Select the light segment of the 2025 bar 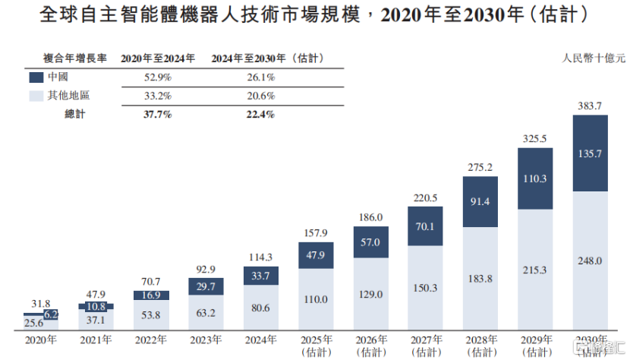click(x=316, y=300)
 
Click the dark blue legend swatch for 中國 click(x=36, y=77)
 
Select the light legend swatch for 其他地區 click(x=36, y=96)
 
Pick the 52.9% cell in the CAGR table click(x=157, y=77)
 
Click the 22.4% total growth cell click(x=260, y=114)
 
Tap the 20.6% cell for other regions click(x=260, y=96)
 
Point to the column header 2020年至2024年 click(x=158, y=58)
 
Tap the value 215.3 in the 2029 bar click(x=535, y=270)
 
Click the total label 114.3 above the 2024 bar click(x=261, y=257)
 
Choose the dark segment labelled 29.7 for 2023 click(x=206, y=286)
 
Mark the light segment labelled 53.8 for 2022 click(x=151, y=314)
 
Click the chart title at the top click(x=314, y=17)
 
